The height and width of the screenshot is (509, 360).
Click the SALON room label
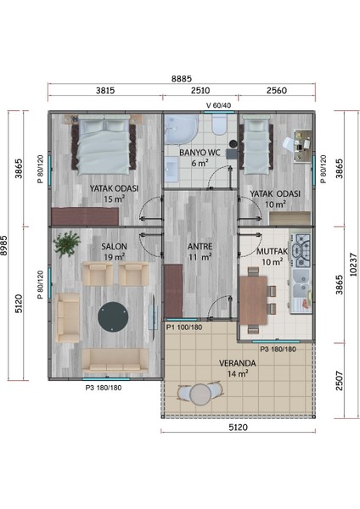click(114, 246)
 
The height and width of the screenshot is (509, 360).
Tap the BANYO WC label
click(200, 152)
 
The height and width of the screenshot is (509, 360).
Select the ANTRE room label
click(200, 247)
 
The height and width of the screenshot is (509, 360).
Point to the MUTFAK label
click(273, 251)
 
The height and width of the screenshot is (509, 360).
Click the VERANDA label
click(238, 363)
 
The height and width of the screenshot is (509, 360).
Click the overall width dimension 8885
click(182, 79)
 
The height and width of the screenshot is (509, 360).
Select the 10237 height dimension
click(354, 265)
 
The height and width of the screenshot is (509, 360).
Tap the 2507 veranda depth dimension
click(340, 380)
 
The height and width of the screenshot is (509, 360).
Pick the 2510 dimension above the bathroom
click(200, 90)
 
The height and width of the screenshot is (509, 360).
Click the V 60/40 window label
click(219, 105)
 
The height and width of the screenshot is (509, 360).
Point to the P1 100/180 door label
click(184, 327)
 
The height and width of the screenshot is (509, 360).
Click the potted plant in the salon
click(67, 243)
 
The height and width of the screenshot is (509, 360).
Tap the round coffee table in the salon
click(113, 317)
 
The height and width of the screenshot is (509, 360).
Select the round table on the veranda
click(200, 394)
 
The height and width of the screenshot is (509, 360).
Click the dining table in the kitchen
click(253, 300)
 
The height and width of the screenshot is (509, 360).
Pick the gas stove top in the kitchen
click(301, 250)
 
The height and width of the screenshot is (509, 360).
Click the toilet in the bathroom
click(219, 125)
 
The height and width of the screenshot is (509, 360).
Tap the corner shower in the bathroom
click(180, 129)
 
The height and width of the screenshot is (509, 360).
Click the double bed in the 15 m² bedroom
click(104, 145)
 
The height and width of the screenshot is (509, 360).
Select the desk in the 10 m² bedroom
click(303, 145)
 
